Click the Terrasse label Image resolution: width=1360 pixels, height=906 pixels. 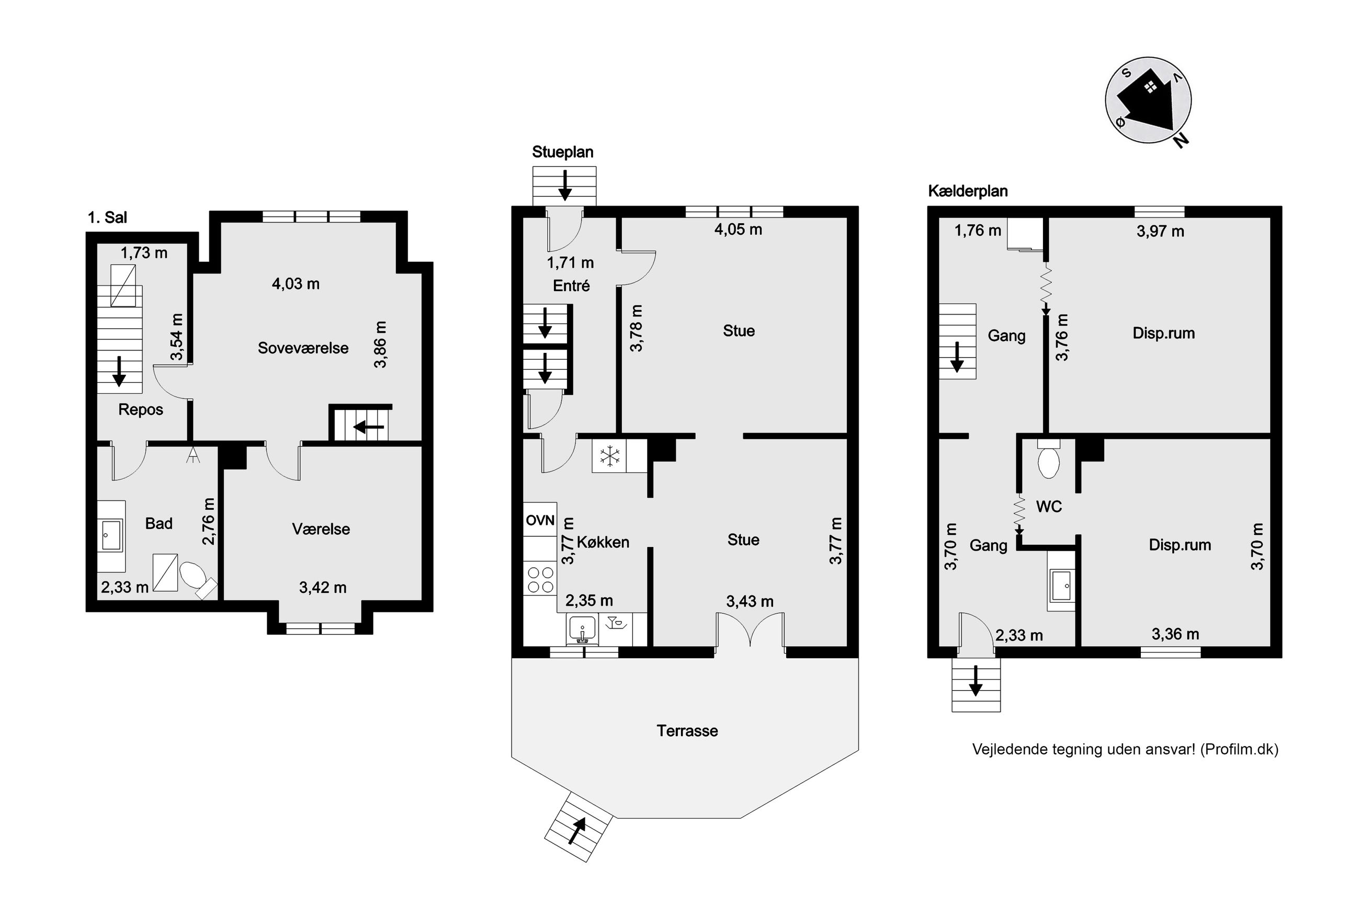click(687, 731)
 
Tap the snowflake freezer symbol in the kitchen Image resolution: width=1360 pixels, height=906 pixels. click(609, 456)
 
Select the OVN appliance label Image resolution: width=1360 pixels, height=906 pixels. click(540, 520)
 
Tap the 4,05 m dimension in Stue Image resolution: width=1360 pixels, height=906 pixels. click(738, 230)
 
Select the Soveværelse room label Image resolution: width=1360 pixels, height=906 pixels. click(303, 348)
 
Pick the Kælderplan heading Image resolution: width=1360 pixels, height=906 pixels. click(968, 191)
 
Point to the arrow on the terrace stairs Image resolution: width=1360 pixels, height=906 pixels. click(577, 831)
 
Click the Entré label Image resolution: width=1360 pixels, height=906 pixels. click(571, 285)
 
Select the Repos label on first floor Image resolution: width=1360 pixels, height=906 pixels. click(141, 410)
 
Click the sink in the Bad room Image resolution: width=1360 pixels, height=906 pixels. click(111, 536)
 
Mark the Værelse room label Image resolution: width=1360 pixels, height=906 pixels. click(321, 529)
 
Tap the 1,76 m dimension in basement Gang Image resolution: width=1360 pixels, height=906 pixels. click(978, 231)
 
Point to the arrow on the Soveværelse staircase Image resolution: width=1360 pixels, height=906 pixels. click(369, 428)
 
